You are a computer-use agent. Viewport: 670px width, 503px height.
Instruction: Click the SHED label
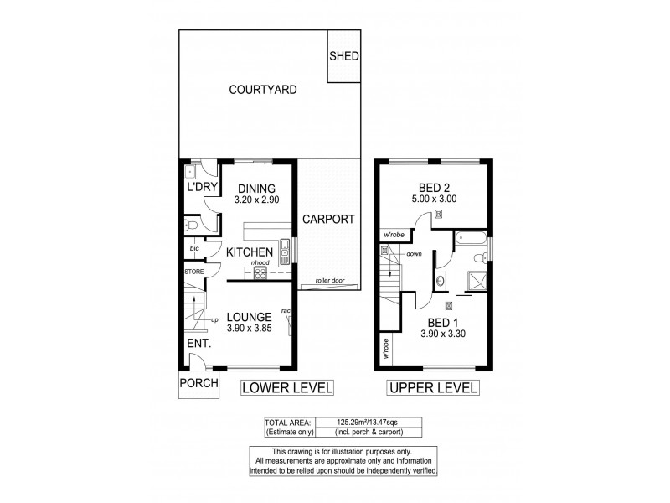point(343,57)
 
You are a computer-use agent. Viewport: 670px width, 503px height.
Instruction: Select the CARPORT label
point(329,220)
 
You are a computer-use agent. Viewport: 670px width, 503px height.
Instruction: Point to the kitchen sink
point(285,246)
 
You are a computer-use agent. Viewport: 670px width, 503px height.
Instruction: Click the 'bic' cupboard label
point(194,249)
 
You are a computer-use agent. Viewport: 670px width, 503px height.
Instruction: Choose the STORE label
point(194,271)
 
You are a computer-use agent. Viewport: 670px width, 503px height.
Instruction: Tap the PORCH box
point(198,384)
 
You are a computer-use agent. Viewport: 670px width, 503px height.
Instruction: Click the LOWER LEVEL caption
point(287,387)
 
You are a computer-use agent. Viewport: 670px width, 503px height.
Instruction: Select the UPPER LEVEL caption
point(432,387)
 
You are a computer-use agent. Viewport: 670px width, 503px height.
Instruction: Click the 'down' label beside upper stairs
point(414,253)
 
